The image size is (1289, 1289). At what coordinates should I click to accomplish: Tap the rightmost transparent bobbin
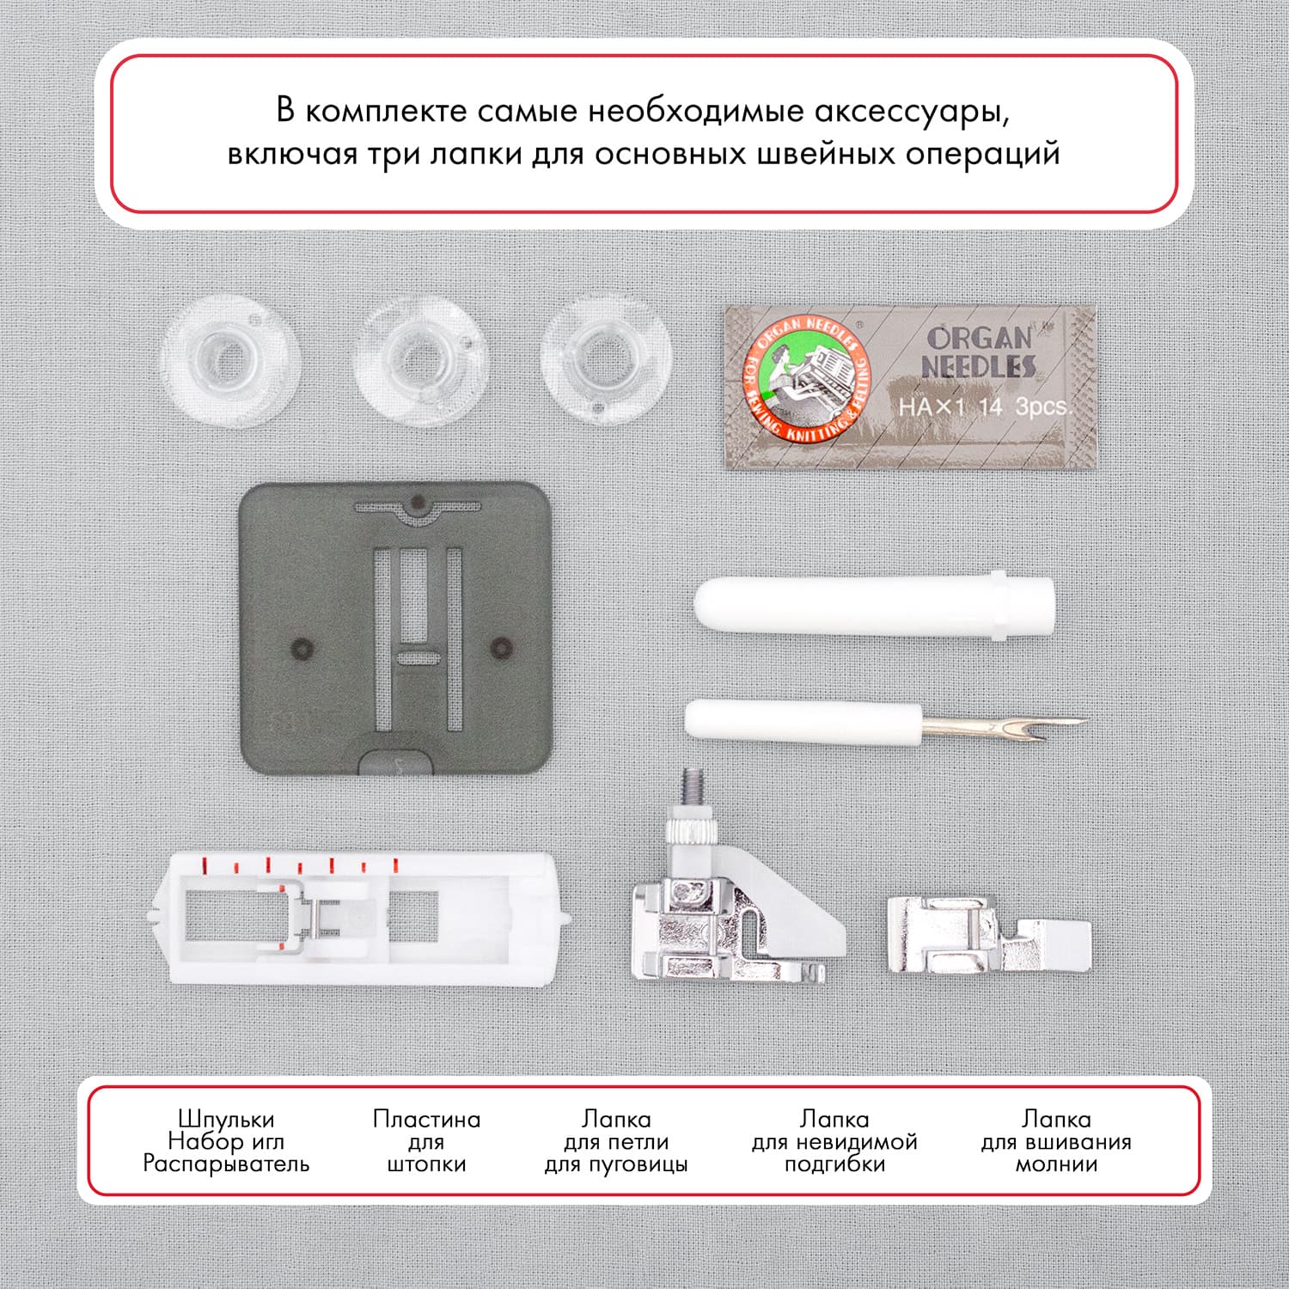click(x=605, y=358)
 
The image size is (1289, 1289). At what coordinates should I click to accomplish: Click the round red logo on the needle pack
click(x=807, y=379)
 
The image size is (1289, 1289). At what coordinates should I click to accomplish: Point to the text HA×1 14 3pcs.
click(x=985, y=406)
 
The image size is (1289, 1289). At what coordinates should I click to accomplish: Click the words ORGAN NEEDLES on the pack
click(x=979, y=352)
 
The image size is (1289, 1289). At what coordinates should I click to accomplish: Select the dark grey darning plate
click(x=394, y=626)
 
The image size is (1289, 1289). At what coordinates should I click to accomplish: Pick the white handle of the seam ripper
click(x=803, y=721)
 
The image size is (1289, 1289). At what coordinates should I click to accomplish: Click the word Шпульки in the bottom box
click(x=226, y=1120)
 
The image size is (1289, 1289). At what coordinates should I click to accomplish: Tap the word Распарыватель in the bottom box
click(x=226, y=1164)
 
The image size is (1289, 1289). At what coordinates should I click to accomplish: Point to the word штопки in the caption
click(x=426, y=1165)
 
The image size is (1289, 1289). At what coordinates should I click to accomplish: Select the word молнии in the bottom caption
click(x=1056, y=1165)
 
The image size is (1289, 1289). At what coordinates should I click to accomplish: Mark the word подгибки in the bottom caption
click(x=834, y=1165)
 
